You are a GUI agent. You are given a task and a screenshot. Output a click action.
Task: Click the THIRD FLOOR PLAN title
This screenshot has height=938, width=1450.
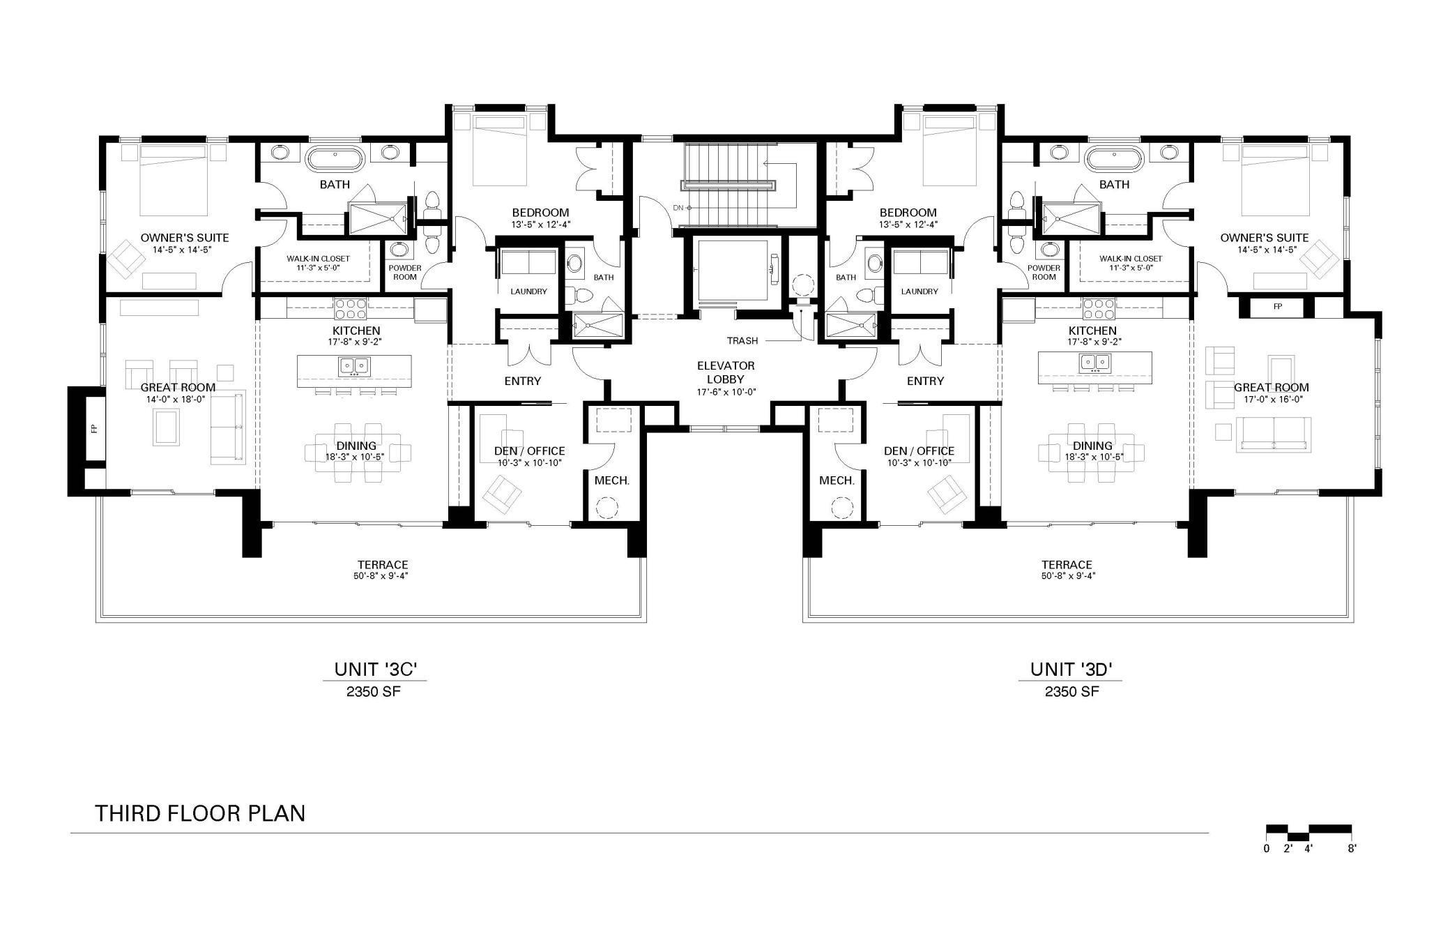tap(200, 813)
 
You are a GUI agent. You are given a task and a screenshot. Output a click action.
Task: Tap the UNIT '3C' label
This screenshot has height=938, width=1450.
tap(375, 670)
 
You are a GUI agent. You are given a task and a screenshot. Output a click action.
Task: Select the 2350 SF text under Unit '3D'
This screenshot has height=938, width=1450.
tap(1071, 692)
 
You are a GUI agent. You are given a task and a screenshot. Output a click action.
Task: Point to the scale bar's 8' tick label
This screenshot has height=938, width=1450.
tap(1351, 849)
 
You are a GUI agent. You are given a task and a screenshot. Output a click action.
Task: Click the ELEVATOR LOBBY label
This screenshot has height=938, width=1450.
tap(726, 372)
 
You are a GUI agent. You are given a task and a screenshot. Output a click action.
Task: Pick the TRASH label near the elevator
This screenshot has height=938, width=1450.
tap(742, 341)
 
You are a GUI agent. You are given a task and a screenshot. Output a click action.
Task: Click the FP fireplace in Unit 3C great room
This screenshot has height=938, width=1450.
tap(93, 429)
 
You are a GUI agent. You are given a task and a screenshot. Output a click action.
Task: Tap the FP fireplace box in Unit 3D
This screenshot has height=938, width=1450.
tap(1277, 306)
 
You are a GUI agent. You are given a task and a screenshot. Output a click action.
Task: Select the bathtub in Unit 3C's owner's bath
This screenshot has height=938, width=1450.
tap(335, 159)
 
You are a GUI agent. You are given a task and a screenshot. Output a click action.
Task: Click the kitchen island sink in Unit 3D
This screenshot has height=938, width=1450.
tap(1094, 362)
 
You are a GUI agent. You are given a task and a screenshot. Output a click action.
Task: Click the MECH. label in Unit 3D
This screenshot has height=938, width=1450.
tap(837, 481)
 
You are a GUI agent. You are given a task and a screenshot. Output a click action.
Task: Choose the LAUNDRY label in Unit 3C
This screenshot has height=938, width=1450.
tap(528, 292)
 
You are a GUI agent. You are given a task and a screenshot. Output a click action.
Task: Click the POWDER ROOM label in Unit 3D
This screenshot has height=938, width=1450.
tap(1044, 272)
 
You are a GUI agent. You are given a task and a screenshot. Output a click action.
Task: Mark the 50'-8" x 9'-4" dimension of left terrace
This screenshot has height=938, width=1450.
tap(381, 576)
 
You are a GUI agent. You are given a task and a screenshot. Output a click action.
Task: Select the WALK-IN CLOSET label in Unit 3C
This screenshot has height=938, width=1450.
tap(318, 263)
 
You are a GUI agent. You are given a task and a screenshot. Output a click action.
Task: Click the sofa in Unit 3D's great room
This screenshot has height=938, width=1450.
tap(1274, 434)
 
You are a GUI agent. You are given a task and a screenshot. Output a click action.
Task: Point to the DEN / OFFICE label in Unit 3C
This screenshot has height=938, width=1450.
tap(529, 451)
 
